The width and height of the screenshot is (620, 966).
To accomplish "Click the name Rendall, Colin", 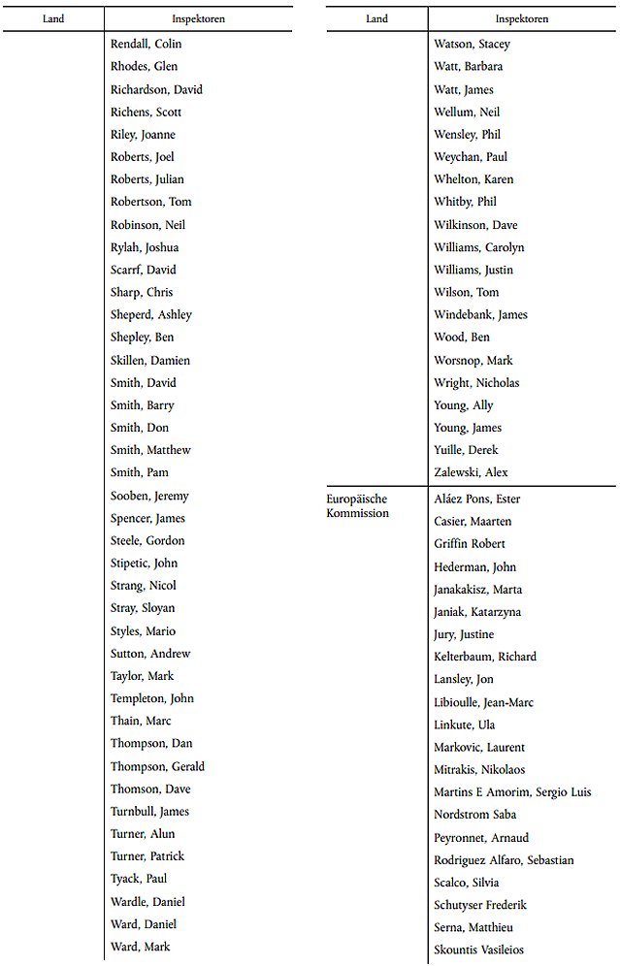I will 146,44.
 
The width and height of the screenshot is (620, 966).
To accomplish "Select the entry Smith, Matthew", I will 150,450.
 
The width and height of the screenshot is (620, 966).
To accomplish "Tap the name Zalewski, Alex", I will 471,472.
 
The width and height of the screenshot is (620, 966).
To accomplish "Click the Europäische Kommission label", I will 357,505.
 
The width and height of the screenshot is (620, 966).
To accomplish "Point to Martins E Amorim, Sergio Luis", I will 512,792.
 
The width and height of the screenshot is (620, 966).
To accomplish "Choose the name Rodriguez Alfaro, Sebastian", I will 504,860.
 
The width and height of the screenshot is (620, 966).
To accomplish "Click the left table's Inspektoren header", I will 198,18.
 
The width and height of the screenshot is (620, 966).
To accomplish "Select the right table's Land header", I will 376,18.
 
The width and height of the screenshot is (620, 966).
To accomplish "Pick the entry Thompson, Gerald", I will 157,766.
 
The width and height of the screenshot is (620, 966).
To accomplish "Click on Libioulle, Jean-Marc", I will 483,702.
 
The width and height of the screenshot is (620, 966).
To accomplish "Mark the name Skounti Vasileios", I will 480,950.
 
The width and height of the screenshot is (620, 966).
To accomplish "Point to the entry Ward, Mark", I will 141,947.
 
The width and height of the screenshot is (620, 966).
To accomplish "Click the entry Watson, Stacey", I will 472,44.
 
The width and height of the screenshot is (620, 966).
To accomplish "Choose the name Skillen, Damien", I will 150,360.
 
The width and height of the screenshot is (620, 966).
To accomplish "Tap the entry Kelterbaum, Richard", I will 485,657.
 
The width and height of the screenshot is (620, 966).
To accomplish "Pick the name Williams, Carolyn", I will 478,247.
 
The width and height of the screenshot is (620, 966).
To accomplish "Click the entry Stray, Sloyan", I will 143,608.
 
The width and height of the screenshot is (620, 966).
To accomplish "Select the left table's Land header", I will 53,18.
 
